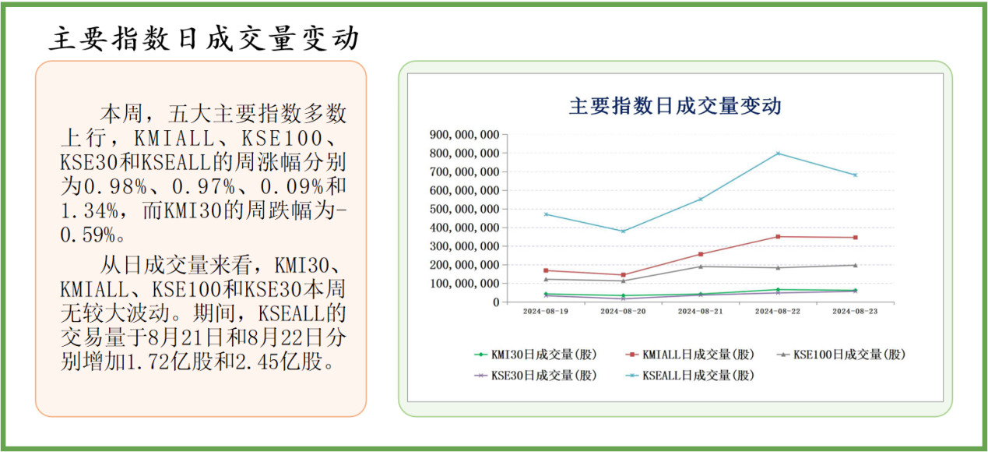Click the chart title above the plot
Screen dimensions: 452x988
pyautogui.click(x=675, y=106)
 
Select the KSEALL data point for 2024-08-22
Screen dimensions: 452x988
pyautogui.click(x=778, y=154)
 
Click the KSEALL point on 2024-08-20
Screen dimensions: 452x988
pyautogui.click(x=623, y=231)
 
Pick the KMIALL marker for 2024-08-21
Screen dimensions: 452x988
pyautogui.click(x=700, y=254)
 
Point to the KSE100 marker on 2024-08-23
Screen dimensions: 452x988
pyautogui.click(x=855, y=265)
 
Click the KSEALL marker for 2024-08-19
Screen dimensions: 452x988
pyautogui.click(x=546, y=214)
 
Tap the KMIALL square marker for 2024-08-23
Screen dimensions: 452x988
pyautogui.click(x=855, y=238)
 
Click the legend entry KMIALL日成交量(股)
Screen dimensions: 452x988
pyautogui.click(x=690, y=355)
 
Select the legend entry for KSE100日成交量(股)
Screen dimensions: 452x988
pyautogui.click(x=842, y=355)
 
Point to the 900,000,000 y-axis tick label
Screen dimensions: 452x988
pyautogui.click(x=464, y=135)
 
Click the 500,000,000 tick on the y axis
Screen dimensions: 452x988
pyautogui.click(x=464, y=209)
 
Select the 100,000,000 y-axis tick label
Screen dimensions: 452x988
pyautogui.click(x=464, y=283)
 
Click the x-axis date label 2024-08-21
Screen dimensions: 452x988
pyautogui.click(x=700, y=311)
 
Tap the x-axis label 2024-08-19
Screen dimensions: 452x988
pyautogui.click(x=546, y=311)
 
